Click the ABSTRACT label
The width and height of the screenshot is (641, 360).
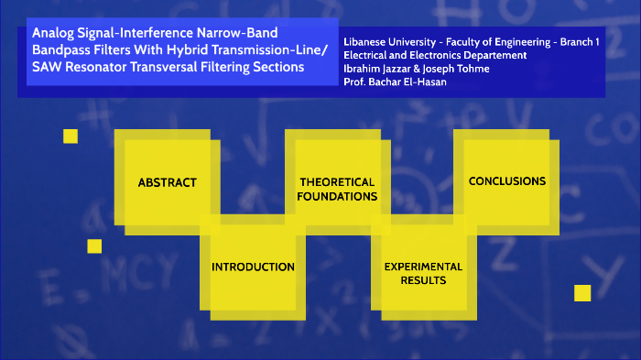(x=167, y=182)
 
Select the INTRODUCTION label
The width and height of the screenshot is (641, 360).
(x=253, y=267)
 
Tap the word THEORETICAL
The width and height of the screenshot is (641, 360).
(x=337, y=181)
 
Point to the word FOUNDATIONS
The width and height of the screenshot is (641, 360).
(x=338, y=196)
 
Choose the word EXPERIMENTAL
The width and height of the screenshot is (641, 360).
(x=423, y=267)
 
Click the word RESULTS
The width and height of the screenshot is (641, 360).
(x=423, y=280)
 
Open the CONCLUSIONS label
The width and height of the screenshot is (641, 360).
(x=507, y=181)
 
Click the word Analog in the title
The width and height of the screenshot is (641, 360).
(x=54, y=33)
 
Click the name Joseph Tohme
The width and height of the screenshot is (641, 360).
(x=463, y=68)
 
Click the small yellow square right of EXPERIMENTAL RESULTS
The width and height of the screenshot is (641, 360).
(x=582, y=293)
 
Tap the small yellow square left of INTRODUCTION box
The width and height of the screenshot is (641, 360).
(x=94, y=245)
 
